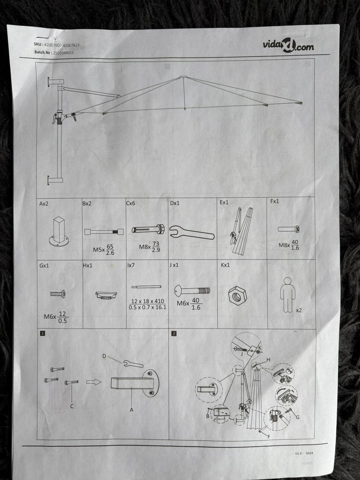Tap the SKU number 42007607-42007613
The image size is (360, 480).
coord(61,45)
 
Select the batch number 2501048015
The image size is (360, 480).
coord(63,53)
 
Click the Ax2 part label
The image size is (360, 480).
coord(44,204)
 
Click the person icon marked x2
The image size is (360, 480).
coord(288,294)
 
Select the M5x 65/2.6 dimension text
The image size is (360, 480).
coord(104,249)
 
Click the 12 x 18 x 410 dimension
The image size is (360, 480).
coord(147,301)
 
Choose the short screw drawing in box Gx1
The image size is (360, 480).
coord(58,294)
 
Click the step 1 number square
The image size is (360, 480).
coord(43,333)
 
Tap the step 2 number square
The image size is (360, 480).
coord(174,333)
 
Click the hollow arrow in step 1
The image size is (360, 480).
coord(94,382)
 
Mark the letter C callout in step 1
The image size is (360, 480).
coord(72,406)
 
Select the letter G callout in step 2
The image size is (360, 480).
coord(297,417)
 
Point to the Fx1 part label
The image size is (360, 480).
coord(274,201)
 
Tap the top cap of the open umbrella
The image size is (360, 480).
coord(183,77)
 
